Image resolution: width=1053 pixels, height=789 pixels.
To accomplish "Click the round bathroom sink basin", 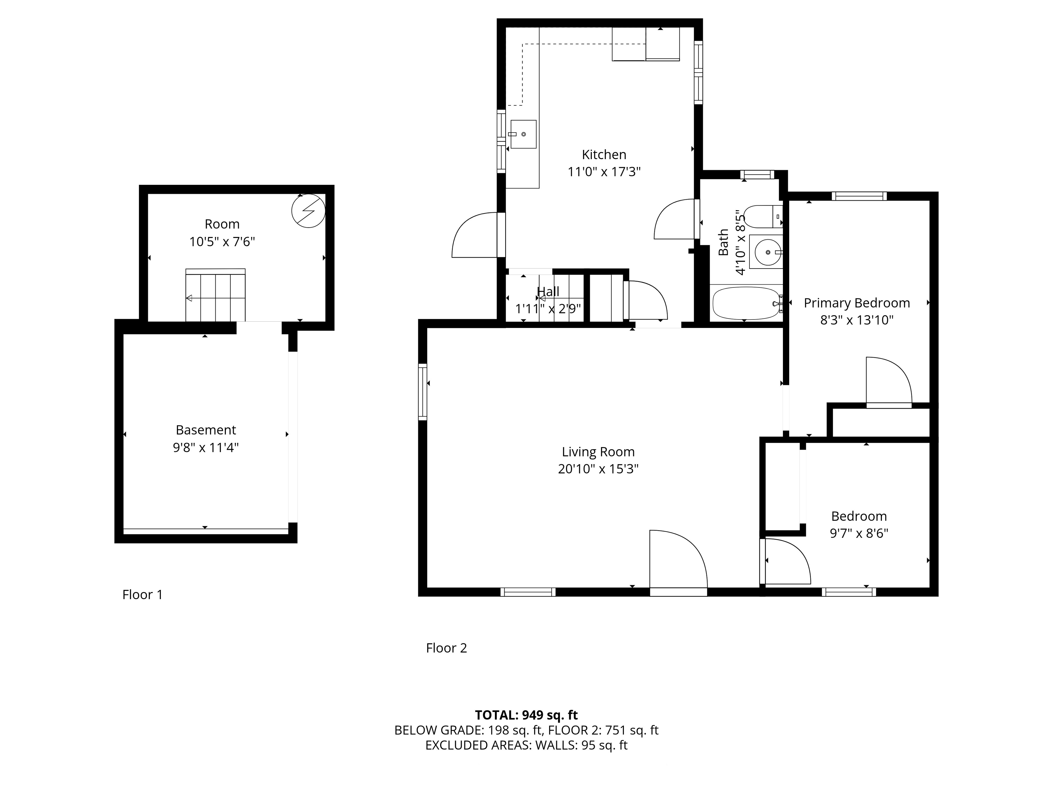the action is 766,251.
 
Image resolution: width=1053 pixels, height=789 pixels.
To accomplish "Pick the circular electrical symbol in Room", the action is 308,211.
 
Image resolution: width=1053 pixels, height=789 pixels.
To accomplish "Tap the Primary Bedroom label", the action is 857,303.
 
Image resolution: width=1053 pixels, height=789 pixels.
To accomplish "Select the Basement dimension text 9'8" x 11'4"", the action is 206,448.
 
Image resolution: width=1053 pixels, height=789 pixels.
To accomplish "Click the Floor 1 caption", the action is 142,594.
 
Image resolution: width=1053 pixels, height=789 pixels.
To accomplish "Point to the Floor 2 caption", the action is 446,648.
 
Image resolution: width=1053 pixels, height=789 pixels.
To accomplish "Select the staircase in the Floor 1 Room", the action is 216,295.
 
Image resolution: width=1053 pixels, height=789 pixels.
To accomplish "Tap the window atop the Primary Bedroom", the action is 859,196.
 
